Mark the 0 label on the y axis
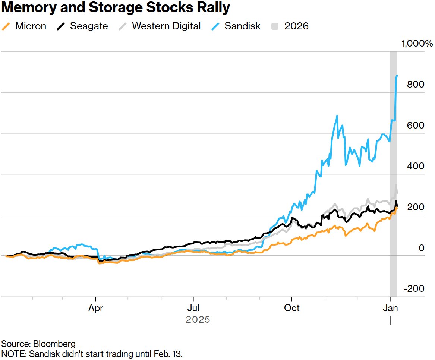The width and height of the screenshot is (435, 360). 421,248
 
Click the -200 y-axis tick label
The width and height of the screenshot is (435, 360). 414,289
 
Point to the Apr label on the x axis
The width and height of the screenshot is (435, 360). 96,309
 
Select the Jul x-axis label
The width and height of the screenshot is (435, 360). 193,309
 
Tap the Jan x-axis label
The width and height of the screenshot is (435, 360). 390,309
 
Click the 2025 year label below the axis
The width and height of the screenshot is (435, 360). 198,320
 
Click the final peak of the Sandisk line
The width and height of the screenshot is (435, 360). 397,76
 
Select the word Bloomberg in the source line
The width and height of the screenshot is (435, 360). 55,344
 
